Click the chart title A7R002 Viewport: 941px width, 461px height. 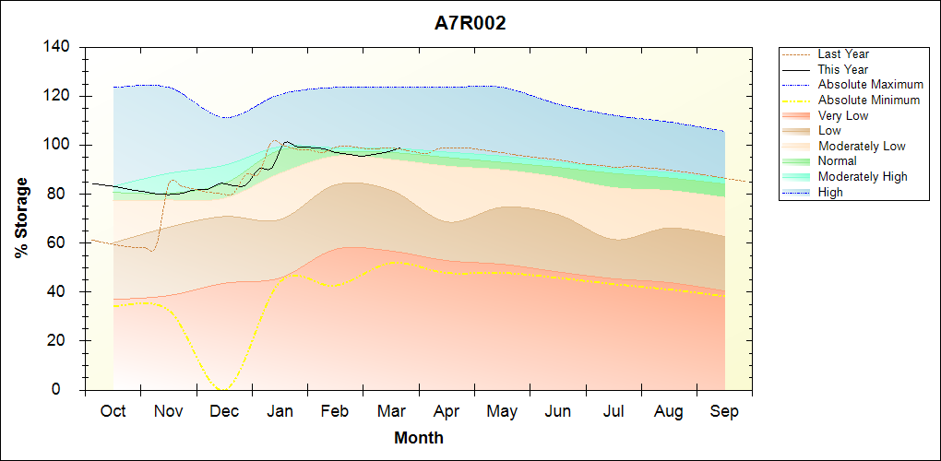[470, 24]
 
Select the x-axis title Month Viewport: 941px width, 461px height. [419, 438]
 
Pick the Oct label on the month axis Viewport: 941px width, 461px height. [113, 411]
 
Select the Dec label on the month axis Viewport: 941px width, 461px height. [224, 411]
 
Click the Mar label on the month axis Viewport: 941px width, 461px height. [390, 411]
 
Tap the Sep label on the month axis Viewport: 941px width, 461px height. [724, 411]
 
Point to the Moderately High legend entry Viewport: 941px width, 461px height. [863, 176]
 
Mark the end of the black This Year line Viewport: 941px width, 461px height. [399, 148]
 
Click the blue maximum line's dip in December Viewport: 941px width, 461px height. [225, 117]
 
